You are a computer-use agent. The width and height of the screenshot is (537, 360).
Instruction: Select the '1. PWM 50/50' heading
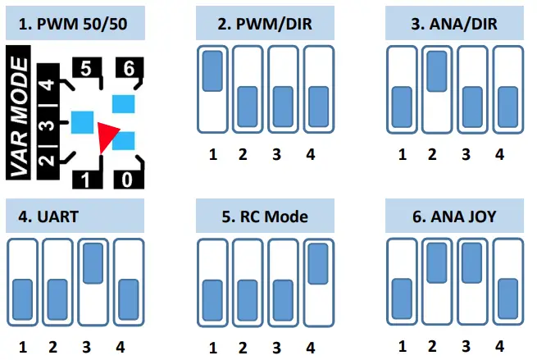pos(75,25)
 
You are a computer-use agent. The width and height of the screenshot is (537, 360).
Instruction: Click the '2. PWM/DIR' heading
pos(266,25)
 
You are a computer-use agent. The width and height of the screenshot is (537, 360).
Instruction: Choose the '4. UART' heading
pos(75,218)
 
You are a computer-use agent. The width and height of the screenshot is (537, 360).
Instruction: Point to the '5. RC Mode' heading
pos(266,218)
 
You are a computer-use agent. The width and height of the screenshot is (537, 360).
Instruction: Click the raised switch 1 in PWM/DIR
pos(213,71)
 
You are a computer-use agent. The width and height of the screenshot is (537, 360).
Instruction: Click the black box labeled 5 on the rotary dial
pos(85,69)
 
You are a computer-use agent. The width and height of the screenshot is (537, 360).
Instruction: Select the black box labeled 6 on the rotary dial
pos(128,69)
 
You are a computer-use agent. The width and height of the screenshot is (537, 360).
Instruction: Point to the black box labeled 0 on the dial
pos(128,177)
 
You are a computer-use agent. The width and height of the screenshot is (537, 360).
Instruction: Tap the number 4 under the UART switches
pos(121,347)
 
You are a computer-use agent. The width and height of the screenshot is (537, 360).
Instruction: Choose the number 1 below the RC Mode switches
pos(212,347)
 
